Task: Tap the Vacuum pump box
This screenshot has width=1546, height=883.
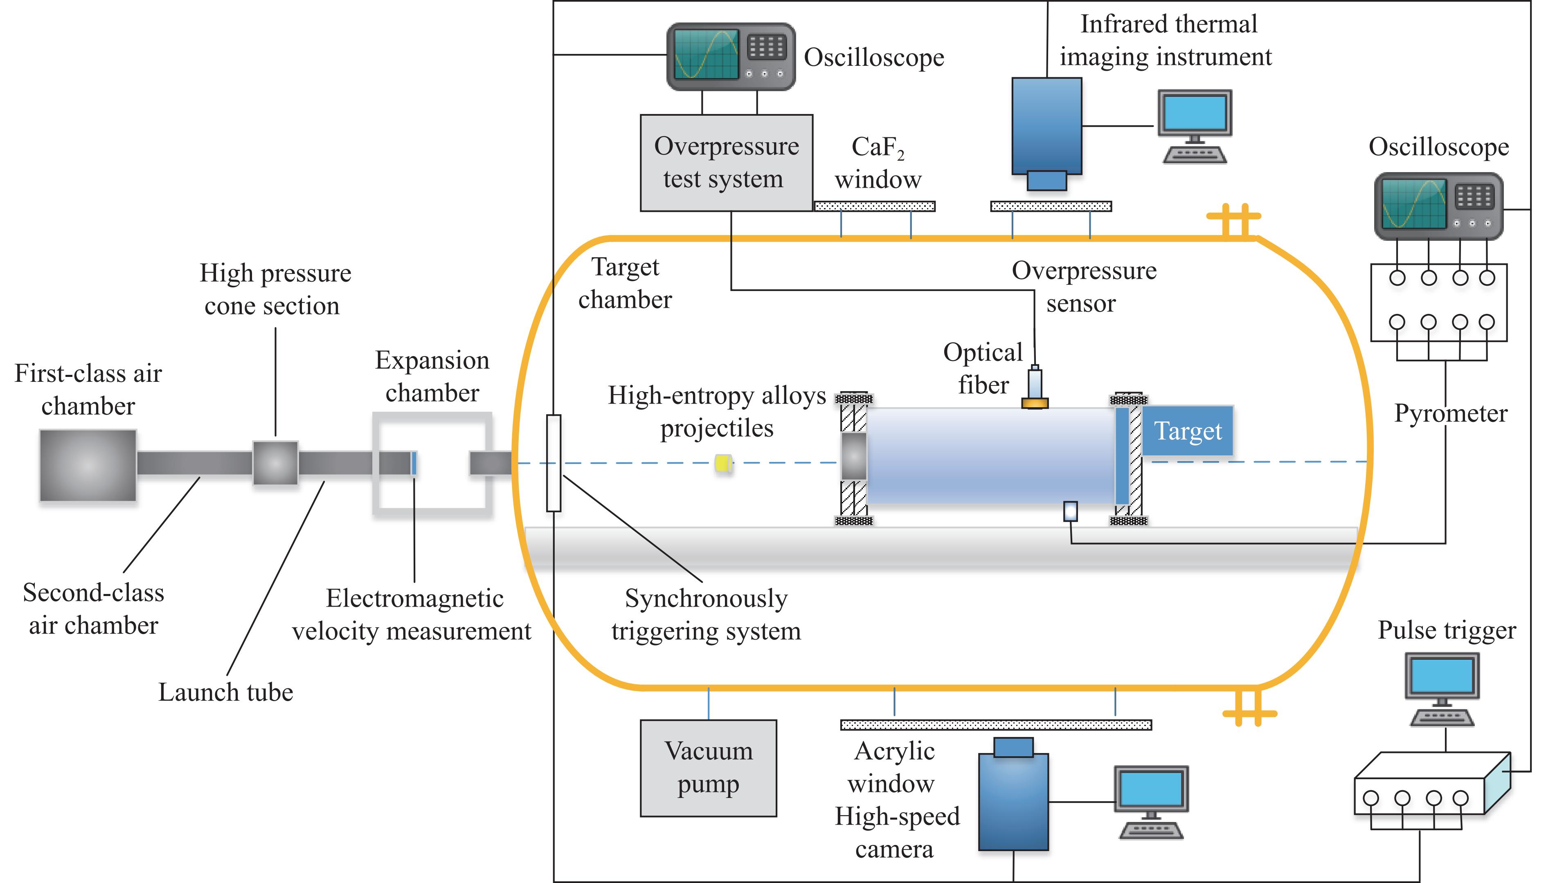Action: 708,768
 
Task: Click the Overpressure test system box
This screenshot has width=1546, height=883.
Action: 726,163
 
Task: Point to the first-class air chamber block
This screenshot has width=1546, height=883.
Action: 88,466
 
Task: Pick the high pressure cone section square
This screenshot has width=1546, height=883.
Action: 275,463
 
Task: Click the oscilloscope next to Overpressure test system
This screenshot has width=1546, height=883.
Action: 731,56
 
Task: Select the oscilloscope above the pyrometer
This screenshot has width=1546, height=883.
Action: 1438,206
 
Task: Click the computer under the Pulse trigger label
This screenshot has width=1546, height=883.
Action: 1442,689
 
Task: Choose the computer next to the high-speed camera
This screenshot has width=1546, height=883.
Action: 1151,802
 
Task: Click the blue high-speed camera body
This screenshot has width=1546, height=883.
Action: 1013,800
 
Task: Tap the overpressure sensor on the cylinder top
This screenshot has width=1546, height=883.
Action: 1035,388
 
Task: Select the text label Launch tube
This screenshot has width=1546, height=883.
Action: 226,692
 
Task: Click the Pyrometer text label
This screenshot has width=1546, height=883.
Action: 1450,414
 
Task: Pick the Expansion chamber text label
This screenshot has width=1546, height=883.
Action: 432,376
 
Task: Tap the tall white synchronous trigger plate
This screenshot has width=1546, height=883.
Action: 554,463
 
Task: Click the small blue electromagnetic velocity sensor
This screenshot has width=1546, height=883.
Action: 414,463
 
